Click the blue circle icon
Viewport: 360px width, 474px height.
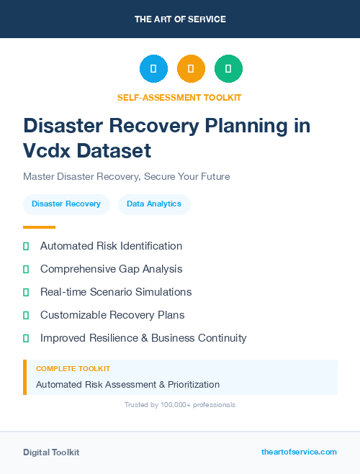point(153,69)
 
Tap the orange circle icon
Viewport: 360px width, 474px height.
point(191,69)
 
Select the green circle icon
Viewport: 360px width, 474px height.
point(228,69)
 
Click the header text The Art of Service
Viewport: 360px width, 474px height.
point(180,19)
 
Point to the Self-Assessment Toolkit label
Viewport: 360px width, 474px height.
point(179,97)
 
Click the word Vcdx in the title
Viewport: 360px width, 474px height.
point(46,151)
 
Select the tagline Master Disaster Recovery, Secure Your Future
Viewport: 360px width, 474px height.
point(126,176)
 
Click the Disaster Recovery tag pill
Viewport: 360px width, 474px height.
point(66,204)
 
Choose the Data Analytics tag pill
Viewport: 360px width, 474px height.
point(154,204)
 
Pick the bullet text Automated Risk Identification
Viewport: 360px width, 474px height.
point(111,246)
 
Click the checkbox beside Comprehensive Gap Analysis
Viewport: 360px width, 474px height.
point(26,269)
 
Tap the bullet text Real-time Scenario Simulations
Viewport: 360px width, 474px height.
point(116,292)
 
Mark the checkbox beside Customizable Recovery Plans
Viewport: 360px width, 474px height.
point(26,315)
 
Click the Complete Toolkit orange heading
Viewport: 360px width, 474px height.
point(73,369)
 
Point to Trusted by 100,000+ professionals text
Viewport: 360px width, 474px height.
point(180,405)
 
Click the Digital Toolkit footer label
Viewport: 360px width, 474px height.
point(51,452)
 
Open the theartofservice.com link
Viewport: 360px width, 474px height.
point(299,452)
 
